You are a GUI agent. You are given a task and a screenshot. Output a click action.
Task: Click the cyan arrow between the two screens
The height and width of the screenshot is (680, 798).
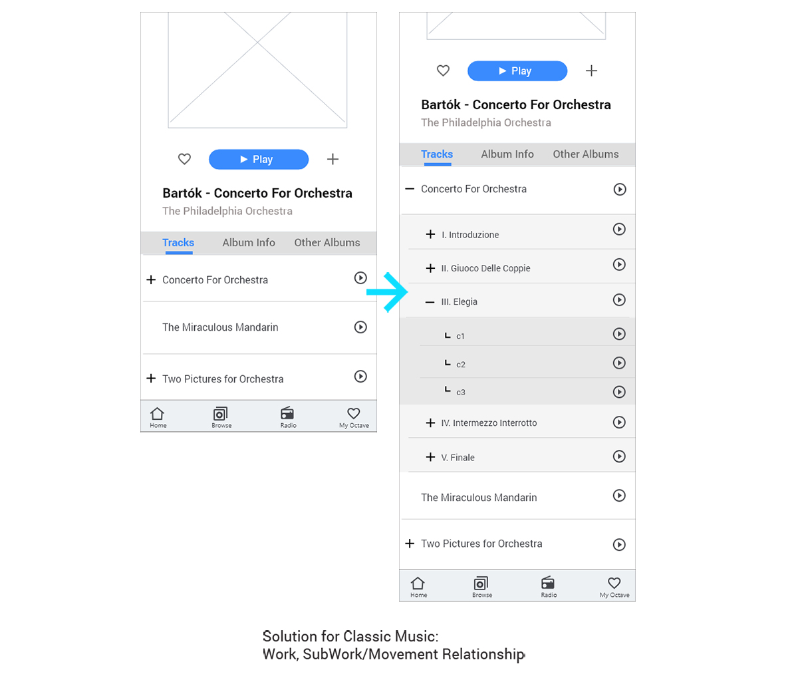point(388,292)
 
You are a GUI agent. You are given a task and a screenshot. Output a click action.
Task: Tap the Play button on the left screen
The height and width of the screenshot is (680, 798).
point(259,160)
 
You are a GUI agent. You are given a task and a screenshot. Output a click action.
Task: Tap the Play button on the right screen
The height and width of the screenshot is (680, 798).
point(517,71)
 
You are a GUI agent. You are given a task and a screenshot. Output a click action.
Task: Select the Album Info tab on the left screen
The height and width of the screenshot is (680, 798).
point(249,243)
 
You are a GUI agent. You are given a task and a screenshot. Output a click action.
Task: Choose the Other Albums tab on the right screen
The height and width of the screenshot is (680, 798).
point(586,154)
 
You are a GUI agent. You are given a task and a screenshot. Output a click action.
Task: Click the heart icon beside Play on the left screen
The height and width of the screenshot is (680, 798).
point(184,159)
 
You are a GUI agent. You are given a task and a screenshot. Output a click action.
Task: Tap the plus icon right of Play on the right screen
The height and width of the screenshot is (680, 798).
point(591,71)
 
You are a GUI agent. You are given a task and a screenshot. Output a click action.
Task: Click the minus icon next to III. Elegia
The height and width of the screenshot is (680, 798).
point(430,302)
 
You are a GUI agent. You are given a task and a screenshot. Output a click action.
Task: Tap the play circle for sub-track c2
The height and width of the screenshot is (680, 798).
point(619,363)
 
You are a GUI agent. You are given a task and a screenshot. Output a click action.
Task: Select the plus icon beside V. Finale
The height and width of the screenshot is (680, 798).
point(430,457)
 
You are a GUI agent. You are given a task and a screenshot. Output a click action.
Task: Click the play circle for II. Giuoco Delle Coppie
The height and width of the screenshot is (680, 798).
point(619,265)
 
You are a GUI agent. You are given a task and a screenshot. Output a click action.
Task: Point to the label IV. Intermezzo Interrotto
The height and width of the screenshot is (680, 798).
point(489,423)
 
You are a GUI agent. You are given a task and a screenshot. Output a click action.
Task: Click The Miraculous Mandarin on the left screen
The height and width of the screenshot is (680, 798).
point(220,327)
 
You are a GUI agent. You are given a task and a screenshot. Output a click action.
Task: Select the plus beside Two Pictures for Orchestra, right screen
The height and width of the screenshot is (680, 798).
point(410,544)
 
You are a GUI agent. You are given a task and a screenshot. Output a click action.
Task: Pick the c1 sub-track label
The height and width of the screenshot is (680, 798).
point(460,337)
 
